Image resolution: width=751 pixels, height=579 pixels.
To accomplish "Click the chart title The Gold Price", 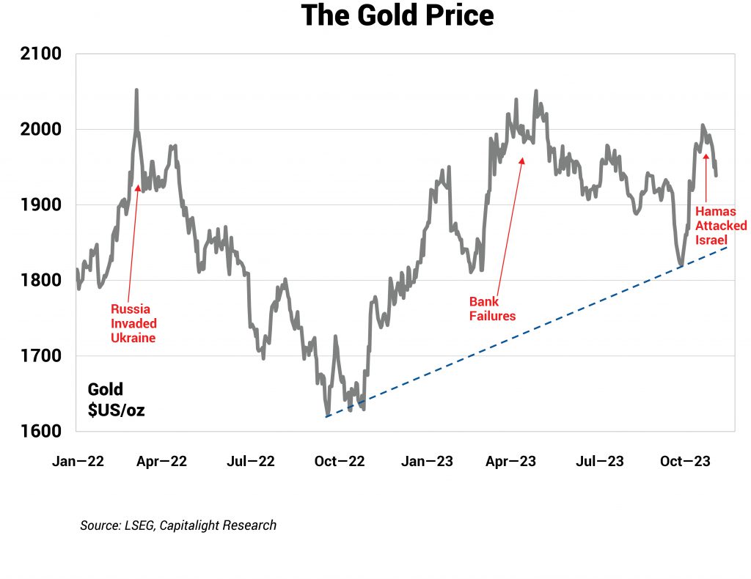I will click(x=398, y=16).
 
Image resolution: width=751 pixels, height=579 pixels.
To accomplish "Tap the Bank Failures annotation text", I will click(x=492, y=309).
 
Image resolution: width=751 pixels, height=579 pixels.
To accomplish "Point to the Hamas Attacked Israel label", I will click(x=721, y=226).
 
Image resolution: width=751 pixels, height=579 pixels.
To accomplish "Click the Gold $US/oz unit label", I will click(x=116, y=399).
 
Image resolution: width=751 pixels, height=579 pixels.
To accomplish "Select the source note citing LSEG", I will click(x=178, y=525).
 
